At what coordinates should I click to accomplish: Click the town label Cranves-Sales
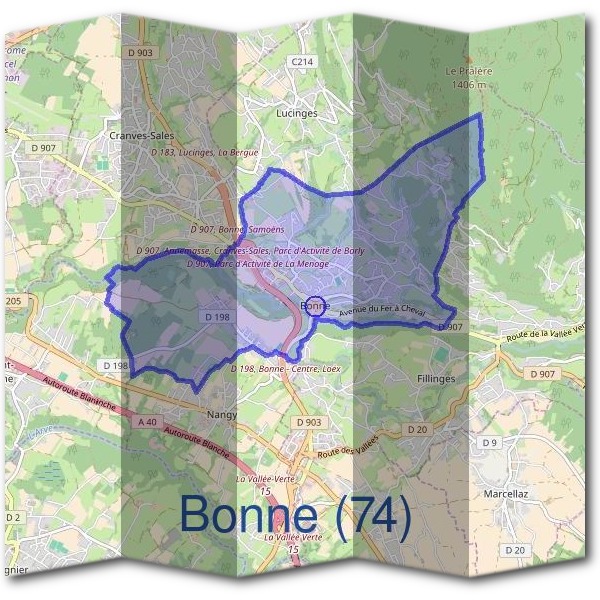138,131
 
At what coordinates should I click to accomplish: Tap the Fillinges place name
434,379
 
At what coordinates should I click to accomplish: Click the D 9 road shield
489,442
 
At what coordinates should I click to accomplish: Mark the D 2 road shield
12,517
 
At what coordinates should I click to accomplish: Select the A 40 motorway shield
146,423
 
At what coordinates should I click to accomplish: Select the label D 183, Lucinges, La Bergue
204,152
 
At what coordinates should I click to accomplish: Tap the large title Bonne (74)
295,515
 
